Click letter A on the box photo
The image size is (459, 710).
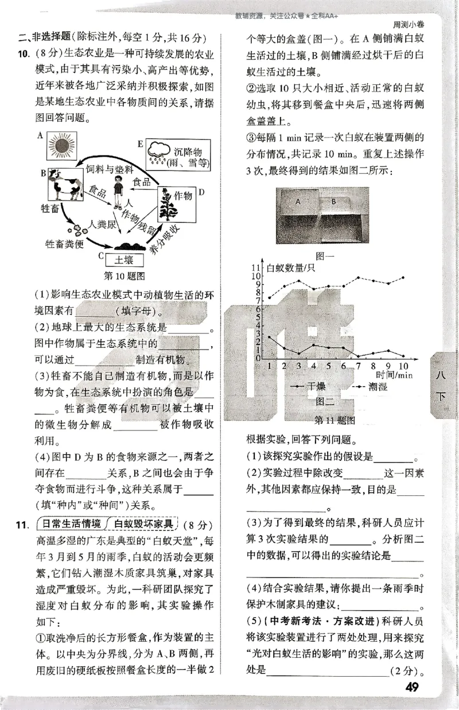tap(298, 201)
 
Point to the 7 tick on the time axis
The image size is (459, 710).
tap(359, 366)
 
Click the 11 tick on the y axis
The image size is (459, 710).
tap(256, 268)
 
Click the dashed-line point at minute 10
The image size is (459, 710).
tap(403, 277)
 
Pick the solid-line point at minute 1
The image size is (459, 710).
tap(270, 336)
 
